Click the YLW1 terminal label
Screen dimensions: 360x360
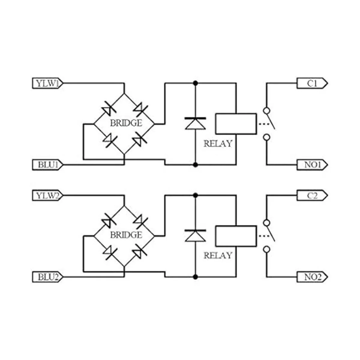pyautogui.click(x=47, y=83)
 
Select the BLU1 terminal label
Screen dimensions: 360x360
pyautogui.click(x=47, y=165)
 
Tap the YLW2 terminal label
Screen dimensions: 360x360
pyautogui.click(x=47, y=196)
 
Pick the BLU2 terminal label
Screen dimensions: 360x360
pyautogui.click(x=47, y=277)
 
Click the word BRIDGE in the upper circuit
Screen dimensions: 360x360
pyautogui.click(x=126, y=123)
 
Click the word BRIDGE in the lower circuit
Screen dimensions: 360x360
pyautogui.click(x=126, y=235)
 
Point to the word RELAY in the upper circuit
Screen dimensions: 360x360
pyautogui.click(x=218, y=144)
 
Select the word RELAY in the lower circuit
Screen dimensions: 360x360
pyautogui.click(x=218, y=256)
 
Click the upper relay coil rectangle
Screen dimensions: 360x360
pyautogui.click(x=236, y=123)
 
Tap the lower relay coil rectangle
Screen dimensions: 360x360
pyautogui.click(x=236, y=236)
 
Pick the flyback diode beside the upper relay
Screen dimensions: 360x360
pyautogui.click(x=195, y=123)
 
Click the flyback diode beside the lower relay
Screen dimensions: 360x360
pyautogui.click(x=195, y=235)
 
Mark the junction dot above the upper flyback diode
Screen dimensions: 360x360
pyautogui.click(x=195, y=83)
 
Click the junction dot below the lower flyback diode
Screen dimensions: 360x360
pyautogui.click(x=195, y=277)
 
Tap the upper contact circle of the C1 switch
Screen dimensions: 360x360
pyautogui.click(x=266, y=110)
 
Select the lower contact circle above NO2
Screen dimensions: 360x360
pyautogui.click(x=266, y=249)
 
